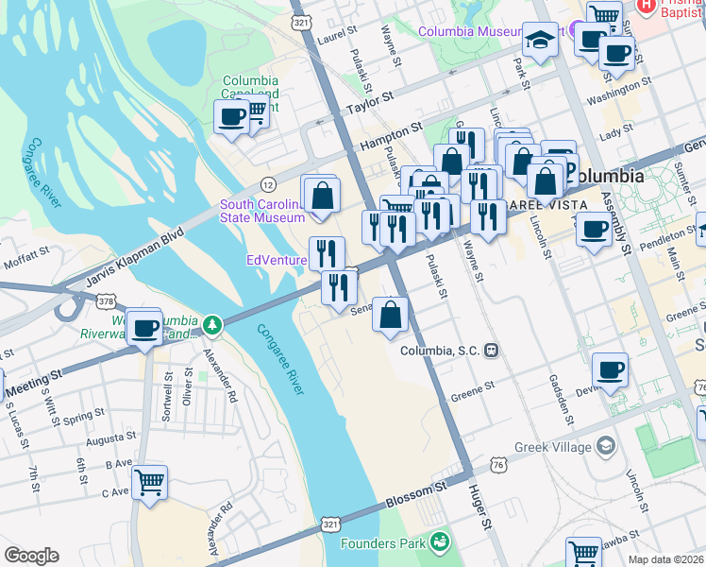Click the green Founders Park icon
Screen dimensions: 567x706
(439, 541)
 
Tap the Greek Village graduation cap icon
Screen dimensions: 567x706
(605, 445)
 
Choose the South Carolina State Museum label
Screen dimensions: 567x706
(261, 211)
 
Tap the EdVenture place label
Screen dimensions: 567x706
(276, 260)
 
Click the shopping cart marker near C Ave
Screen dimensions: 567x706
(150, 482)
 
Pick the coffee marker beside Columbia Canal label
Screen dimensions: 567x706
(231, 117)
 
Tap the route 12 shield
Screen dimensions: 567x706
(269, 183)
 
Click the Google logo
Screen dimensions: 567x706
(31, 556)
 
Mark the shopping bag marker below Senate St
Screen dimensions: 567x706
(391, 314)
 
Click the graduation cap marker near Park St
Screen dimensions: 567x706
(540, 40)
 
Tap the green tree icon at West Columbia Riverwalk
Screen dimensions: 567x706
(215, 326)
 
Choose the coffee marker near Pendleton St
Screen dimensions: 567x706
(594, 230)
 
